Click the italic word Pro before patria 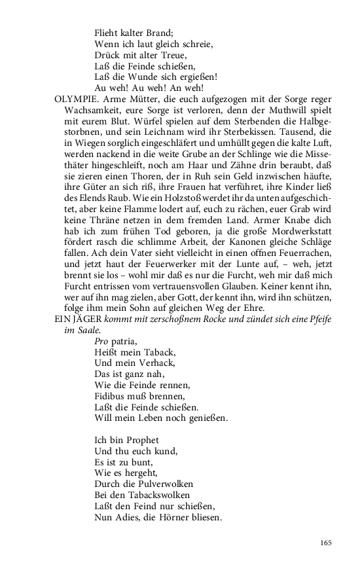(101, 342)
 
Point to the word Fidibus (111, 396)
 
